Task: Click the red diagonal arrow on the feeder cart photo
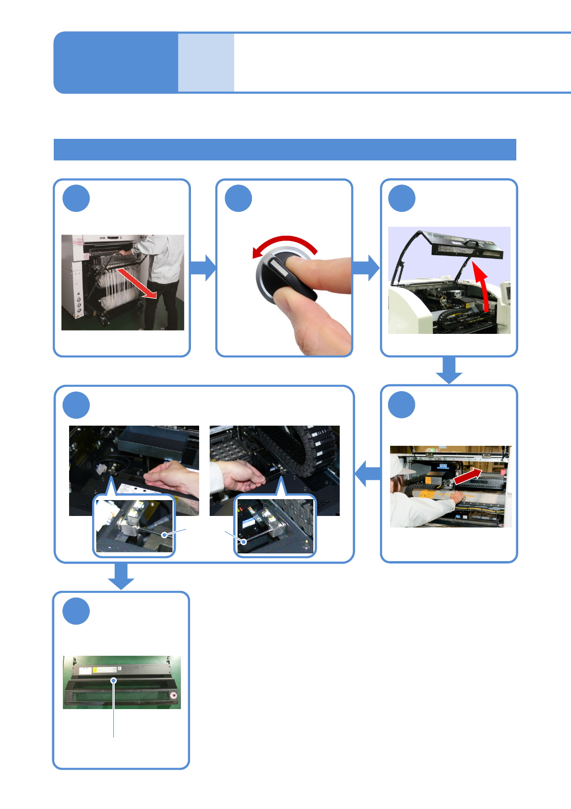click(137, 283)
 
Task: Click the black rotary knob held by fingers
click(283, 276)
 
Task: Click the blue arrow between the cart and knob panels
click(203, 268)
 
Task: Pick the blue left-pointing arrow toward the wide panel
click(368, 474)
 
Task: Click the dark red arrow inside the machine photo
click(467, 476)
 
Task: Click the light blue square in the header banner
click(206, 62)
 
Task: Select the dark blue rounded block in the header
click(116, 62)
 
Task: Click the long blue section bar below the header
click(285, 149)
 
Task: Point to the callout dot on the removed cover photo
click(114, 680)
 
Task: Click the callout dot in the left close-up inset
click(165, 535)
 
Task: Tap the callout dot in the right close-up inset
click(244, 542)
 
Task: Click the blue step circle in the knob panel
click(238, 198)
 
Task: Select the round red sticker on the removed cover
click(174, 695)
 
